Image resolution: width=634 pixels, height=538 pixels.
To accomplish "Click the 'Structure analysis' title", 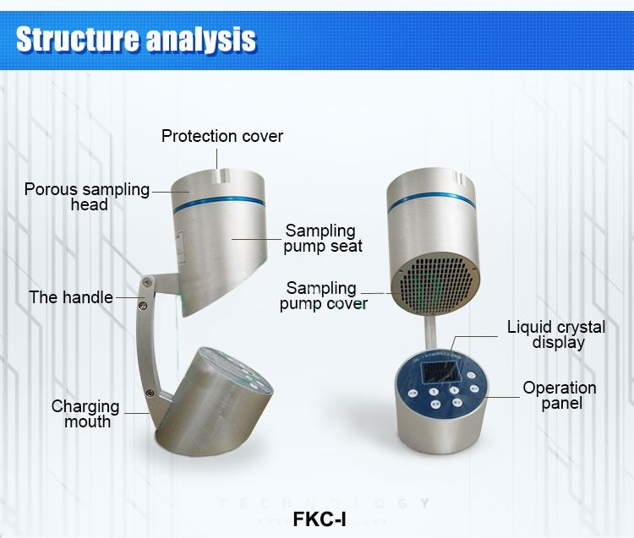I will click(x=136, y=39).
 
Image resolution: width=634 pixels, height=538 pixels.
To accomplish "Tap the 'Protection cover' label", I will click(x=222, y=136).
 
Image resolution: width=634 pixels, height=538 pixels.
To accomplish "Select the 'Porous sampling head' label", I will click(x=87, y=197).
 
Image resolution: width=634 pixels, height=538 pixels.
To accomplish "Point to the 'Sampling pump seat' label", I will click(x=322, y=238).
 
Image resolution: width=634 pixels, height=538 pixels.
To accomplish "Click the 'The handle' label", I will click(x=70, y=297).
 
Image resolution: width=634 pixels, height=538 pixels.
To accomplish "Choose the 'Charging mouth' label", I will click(x=85, y=414).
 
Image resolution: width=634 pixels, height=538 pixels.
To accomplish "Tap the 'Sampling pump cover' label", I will click(x=323, y=296).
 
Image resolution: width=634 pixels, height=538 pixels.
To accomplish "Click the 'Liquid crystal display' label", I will click(x=556, y=334).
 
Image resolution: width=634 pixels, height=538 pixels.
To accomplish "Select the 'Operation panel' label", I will click(x=559, y=395).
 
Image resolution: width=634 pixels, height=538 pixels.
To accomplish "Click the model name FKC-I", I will click(x=320, y=518).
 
